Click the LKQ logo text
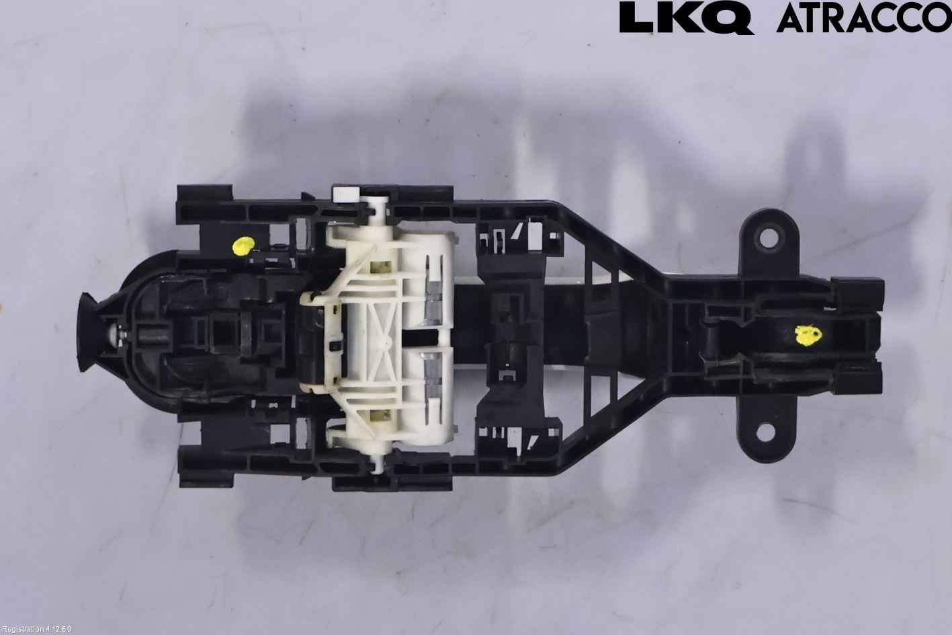coord(687,17)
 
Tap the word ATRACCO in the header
coord(864,19)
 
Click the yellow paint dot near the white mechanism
coord(243,246)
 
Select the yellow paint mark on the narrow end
coord(808,334)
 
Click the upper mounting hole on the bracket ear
coord(769,238)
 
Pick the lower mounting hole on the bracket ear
coord(767,433)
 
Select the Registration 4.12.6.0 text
coord(36,629)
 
